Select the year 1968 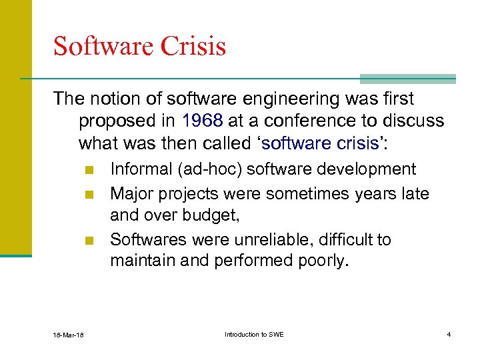pos(202,121)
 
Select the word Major pos(131,193)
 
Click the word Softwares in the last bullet pos(145,239)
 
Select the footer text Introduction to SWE pos(254,334)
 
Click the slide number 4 pos(449,334)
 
